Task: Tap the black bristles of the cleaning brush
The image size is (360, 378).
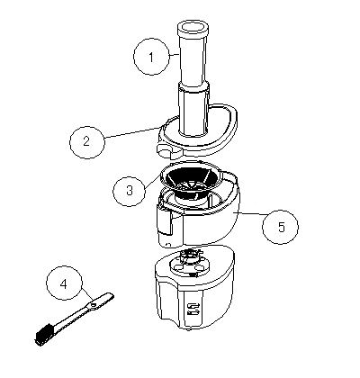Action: tap(45, 333)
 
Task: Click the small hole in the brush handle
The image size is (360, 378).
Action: tap(94, 305)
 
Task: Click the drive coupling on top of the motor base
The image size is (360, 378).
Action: tap(189, 256)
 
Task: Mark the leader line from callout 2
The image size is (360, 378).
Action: tap(132, 132)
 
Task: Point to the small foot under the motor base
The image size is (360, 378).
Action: tap(188, 330)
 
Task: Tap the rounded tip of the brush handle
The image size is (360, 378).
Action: tap(111, 295)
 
